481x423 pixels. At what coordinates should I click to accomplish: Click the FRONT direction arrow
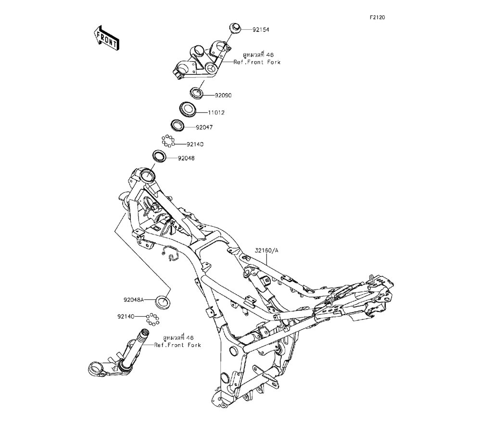pos(105,38)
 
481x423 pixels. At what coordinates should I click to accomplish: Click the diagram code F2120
pos(378,17)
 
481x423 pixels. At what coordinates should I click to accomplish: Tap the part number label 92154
pos(261,29)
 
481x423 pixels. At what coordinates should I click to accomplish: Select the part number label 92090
pos(223,95)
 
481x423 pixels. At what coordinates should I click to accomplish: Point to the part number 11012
pos(216,112)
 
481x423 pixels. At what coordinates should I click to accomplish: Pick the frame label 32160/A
pos(266,250)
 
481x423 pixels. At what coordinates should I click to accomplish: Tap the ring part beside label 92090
pos(197,91)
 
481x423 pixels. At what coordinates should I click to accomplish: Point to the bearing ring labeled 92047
pos(178,126)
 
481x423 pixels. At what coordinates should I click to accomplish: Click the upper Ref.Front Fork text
pos(257,62)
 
